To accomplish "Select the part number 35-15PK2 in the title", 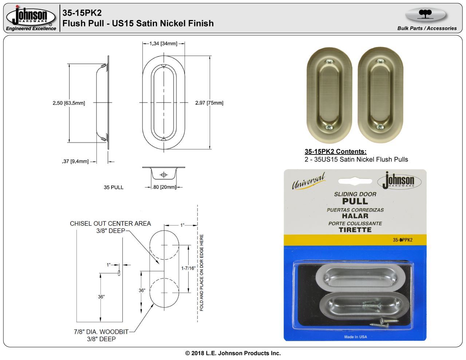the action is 82,13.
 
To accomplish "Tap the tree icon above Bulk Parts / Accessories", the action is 425,14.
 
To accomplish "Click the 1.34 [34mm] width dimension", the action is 163,44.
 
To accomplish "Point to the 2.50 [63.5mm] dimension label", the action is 69,103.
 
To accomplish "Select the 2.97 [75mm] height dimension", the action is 209,103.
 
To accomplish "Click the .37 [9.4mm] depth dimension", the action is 75,161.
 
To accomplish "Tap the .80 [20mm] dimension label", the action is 164,187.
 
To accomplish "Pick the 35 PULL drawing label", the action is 114,187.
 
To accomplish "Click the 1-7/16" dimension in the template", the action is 188,268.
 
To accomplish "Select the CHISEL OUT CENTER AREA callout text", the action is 110,223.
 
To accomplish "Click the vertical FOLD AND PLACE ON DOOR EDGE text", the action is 202,273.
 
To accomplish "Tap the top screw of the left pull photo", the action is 329,62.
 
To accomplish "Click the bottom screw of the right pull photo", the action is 380,127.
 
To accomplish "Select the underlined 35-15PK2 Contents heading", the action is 335,151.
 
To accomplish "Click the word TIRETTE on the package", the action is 355,230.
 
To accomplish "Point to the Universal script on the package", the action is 308,181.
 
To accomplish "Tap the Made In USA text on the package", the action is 355,337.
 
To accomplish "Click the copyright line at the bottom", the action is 233,353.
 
